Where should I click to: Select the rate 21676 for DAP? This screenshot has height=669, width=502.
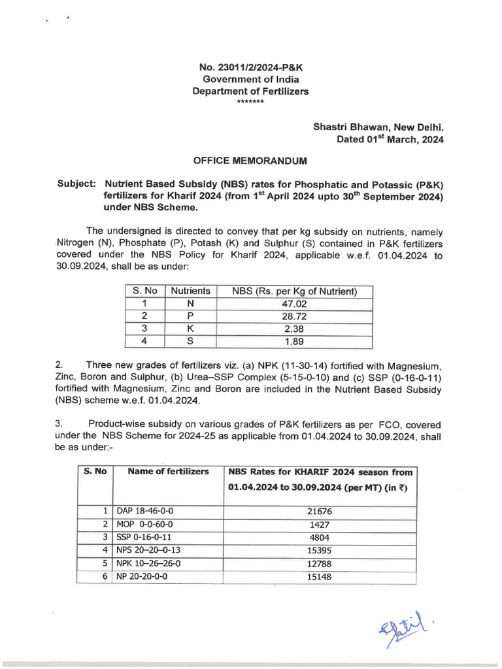(320, 511)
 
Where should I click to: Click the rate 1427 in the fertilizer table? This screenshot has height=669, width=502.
(320, 524)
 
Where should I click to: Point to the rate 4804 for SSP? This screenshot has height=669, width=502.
(320, 537)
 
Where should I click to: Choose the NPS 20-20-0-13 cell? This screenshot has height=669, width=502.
(144, 550)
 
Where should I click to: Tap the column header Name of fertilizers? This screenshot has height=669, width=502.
(168, 471)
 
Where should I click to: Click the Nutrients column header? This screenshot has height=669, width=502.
(190, 291)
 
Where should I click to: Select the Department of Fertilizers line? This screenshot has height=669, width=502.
(250, 91)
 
